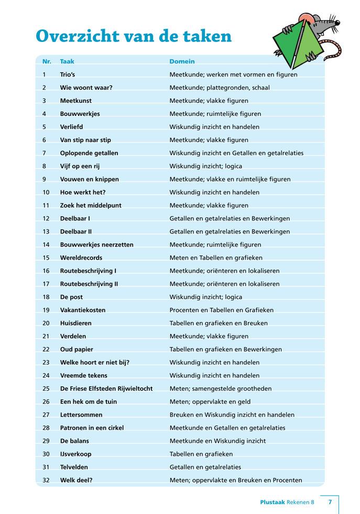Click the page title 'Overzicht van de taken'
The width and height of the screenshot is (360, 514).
(x=133, y=36)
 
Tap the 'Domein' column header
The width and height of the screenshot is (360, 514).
(x=182, y=62)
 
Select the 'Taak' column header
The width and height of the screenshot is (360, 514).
(x=67, y=62)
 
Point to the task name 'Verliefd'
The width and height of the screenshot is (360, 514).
(x=71, y=127)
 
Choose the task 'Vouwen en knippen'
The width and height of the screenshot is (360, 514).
(x=89, y=179)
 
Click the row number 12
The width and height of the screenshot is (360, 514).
(x=46, y=219)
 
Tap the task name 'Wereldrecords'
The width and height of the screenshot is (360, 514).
(x=81, y=258)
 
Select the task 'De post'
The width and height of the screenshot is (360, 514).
(x=72, y=297)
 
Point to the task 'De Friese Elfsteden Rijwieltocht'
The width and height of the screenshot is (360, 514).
(x=106, y=389)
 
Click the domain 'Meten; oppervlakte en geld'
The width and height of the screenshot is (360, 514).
(x=210, y=402)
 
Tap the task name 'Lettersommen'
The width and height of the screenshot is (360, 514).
(x=81, y=415)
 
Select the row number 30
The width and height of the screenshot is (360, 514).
(x=46, y=454)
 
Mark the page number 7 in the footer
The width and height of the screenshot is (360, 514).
(x=330, y=502)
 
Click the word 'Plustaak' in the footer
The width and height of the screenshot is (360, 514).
(x=272, y=502)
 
